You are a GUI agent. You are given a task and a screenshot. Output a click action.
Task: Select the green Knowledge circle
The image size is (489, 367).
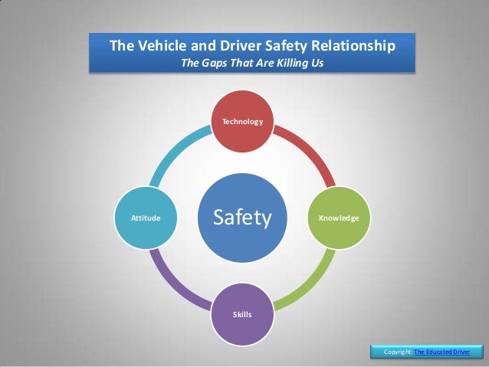338,218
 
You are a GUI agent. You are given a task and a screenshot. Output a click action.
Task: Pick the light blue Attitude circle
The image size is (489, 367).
146,218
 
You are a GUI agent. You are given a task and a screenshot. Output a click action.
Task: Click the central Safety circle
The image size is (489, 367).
242,218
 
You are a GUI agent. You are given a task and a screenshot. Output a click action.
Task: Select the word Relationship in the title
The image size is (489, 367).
353,45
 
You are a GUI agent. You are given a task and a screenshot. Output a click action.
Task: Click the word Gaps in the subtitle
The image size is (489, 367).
215,63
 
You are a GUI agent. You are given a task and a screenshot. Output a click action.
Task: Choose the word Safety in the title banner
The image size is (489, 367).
284,45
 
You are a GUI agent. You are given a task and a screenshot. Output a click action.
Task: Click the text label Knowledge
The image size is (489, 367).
338,218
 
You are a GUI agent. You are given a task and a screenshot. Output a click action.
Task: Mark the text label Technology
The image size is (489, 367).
242,122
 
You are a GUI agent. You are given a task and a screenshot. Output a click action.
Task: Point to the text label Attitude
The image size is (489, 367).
146,218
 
